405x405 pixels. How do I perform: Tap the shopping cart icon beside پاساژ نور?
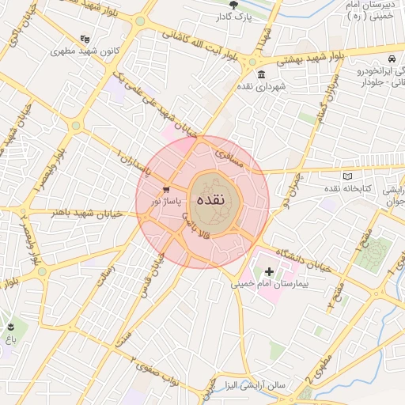166,190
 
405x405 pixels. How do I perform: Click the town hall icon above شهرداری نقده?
251,62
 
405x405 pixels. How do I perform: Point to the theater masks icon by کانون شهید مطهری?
85,39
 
